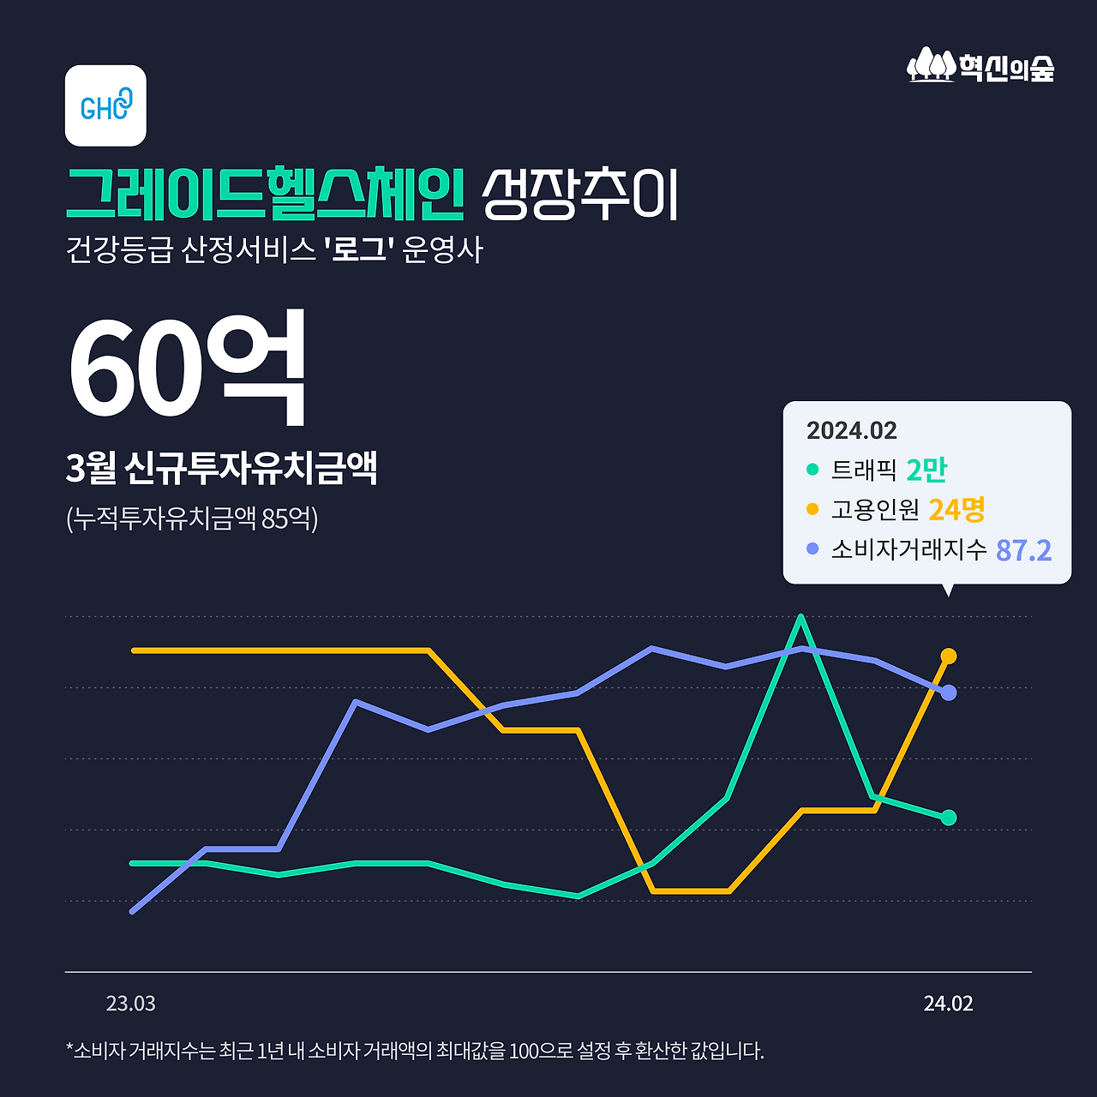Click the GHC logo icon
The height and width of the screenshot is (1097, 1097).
pos(105,105)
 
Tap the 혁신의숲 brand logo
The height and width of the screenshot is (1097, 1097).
pos(980,66)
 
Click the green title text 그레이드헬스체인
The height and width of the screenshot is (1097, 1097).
pos(265,194)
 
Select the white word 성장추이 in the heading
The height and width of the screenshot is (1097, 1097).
pos(579,195)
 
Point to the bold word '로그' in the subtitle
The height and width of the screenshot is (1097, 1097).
pos(359,250)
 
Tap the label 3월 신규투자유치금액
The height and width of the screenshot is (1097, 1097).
pos(221,468)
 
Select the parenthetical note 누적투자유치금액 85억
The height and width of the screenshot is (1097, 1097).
pos(192,518)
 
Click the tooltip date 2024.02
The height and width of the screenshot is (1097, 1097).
pos(851,430)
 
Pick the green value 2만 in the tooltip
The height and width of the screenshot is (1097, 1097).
pos(926,470)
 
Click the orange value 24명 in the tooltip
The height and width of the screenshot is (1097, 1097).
pos(956,510)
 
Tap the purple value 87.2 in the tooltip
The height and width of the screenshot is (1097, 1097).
pos(1023,550)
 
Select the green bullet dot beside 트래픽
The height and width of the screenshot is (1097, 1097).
pos(812,470)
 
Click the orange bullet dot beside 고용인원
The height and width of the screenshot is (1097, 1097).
pos(812,510)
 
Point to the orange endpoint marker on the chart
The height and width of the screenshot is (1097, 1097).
pos(949,656)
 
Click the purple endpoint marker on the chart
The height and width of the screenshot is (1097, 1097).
pos(949,692)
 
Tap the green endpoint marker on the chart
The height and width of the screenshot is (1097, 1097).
pos(949,818)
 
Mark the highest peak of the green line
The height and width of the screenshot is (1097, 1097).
pos(800,617)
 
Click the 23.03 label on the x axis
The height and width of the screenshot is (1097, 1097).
pos(131,1004)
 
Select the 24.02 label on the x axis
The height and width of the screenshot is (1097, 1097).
pos(948,1004)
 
